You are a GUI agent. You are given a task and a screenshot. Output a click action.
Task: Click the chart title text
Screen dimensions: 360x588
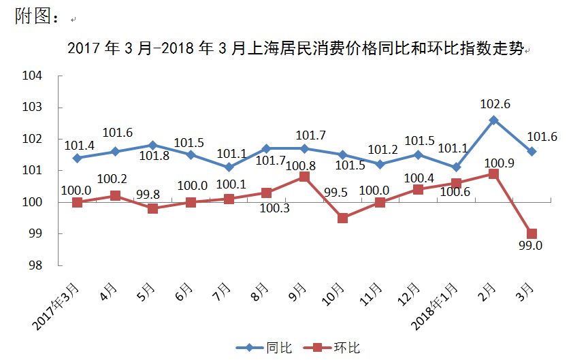click(295, 50)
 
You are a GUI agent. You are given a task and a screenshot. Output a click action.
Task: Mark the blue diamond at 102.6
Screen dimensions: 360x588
click(494, 120)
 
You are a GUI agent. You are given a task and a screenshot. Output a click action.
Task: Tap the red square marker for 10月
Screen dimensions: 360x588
click(343, 218)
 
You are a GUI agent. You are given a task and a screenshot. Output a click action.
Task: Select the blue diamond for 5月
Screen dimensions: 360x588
click(153, 145)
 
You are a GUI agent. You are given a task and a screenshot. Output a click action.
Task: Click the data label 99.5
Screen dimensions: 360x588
click(336, 193)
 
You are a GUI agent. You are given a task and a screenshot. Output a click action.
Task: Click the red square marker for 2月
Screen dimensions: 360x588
click(494, 174)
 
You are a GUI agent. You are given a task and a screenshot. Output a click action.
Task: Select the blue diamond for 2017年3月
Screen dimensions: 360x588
click(78, 158)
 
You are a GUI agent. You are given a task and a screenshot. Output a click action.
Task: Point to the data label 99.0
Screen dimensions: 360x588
click(530, 246)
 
